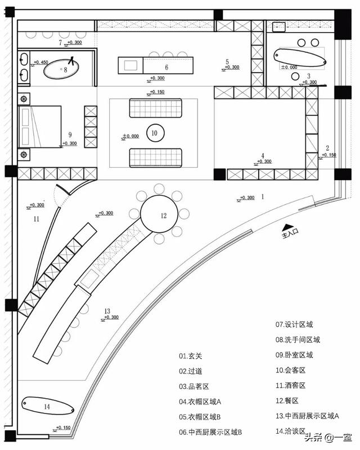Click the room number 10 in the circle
point(155,133)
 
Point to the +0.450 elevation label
point(40,62)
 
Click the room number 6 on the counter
point(166,66)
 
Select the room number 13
point(106,310)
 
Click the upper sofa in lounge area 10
point(156,107)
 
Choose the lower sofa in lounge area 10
point(156,157)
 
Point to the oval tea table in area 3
point(300,56)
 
